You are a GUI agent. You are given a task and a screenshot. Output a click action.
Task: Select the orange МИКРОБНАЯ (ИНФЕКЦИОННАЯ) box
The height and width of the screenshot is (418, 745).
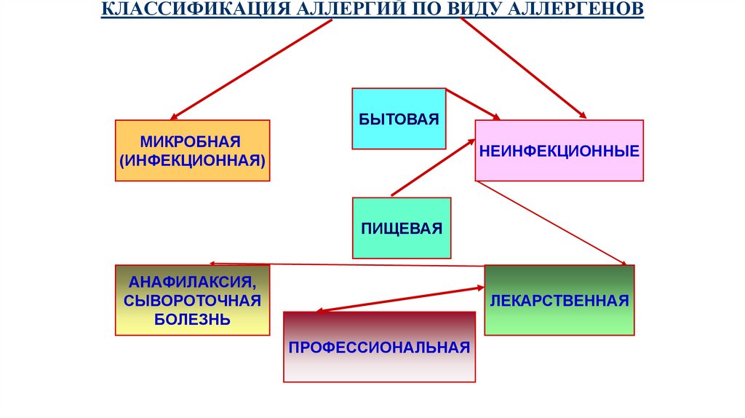pos(192,150)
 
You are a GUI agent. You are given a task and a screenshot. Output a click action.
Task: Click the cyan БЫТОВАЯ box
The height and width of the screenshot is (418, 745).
pos(399,119)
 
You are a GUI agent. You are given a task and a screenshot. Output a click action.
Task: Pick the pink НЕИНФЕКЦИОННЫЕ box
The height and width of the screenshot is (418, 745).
pos(559,151)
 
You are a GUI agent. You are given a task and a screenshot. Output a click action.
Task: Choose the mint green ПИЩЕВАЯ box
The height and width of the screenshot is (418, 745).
pos(402,228)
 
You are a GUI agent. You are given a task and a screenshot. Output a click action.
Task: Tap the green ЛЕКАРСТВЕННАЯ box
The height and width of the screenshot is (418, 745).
pos(559,300)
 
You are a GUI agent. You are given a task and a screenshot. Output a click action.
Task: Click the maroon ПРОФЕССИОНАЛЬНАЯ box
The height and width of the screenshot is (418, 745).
pos(379,347)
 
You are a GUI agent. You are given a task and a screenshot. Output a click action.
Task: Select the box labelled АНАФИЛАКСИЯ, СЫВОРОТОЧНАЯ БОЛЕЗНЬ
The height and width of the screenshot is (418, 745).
pos(192,300)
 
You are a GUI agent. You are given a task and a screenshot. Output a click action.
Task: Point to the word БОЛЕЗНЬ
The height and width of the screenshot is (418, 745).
pos(192,319)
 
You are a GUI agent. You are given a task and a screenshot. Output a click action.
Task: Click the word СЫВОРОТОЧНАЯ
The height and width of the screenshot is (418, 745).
pos(192,300)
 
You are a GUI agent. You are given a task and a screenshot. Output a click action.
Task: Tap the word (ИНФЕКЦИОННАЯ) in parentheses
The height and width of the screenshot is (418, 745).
pos(192,158)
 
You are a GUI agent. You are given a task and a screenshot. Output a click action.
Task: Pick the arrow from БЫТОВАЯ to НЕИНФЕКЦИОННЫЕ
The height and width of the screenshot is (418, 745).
pos(473,104)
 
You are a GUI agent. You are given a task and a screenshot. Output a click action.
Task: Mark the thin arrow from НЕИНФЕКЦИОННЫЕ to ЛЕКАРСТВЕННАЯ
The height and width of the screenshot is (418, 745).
pos(553,223)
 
